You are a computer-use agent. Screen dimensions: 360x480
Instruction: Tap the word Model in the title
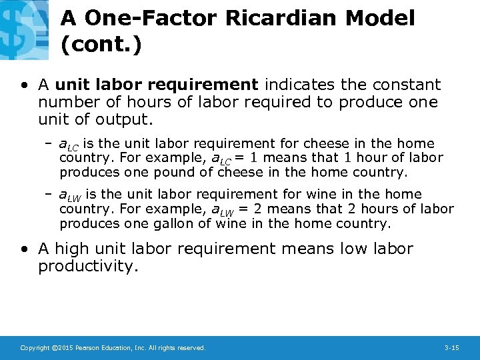(x=380, y=18)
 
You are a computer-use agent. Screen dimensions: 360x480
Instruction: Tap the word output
(x=127, y=120)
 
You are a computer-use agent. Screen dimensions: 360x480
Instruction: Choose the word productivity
(x=86, y=267)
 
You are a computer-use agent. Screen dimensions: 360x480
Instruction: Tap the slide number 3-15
(x=451, y=348)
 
